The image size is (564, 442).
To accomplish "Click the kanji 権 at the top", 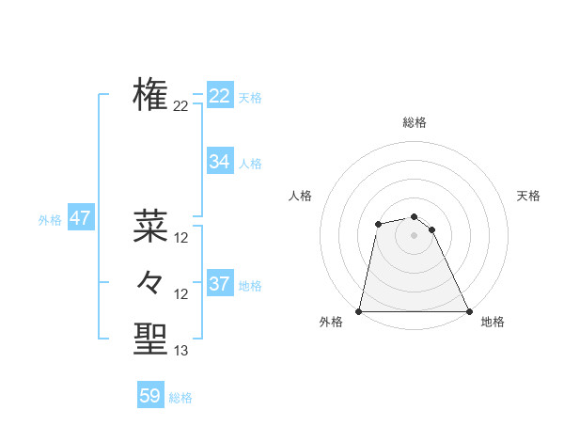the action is coord(150,94).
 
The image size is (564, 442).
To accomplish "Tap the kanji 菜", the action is coord(150,226).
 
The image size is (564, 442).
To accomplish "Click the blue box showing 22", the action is coord(220,96).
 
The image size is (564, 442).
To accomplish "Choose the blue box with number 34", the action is coord(220,162).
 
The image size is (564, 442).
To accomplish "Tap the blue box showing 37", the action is coord(220,284).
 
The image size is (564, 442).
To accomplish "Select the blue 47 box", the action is coord(80,218).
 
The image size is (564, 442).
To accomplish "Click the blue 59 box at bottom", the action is coord(150,396).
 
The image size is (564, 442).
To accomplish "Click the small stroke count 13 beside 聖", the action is coord(181,351).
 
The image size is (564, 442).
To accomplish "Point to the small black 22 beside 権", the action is coord(181,106).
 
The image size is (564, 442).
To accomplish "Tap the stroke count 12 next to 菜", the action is coord(181,238).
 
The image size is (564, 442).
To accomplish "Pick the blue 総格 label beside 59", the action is coord(180,398).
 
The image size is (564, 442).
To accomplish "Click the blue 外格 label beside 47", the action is coord(50,220).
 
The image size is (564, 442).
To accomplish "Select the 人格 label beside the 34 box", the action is coord(250,164).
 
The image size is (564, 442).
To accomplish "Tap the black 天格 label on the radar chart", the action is coord(528,196).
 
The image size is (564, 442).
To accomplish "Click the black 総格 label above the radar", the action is coord(415,122).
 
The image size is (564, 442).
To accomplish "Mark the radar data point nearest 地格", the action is coord(468,311).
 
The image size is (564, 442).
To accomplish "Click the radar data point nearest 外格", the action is coord(359,311).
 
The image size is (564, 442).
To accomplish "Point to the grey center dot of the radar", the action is coord(414,233).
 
